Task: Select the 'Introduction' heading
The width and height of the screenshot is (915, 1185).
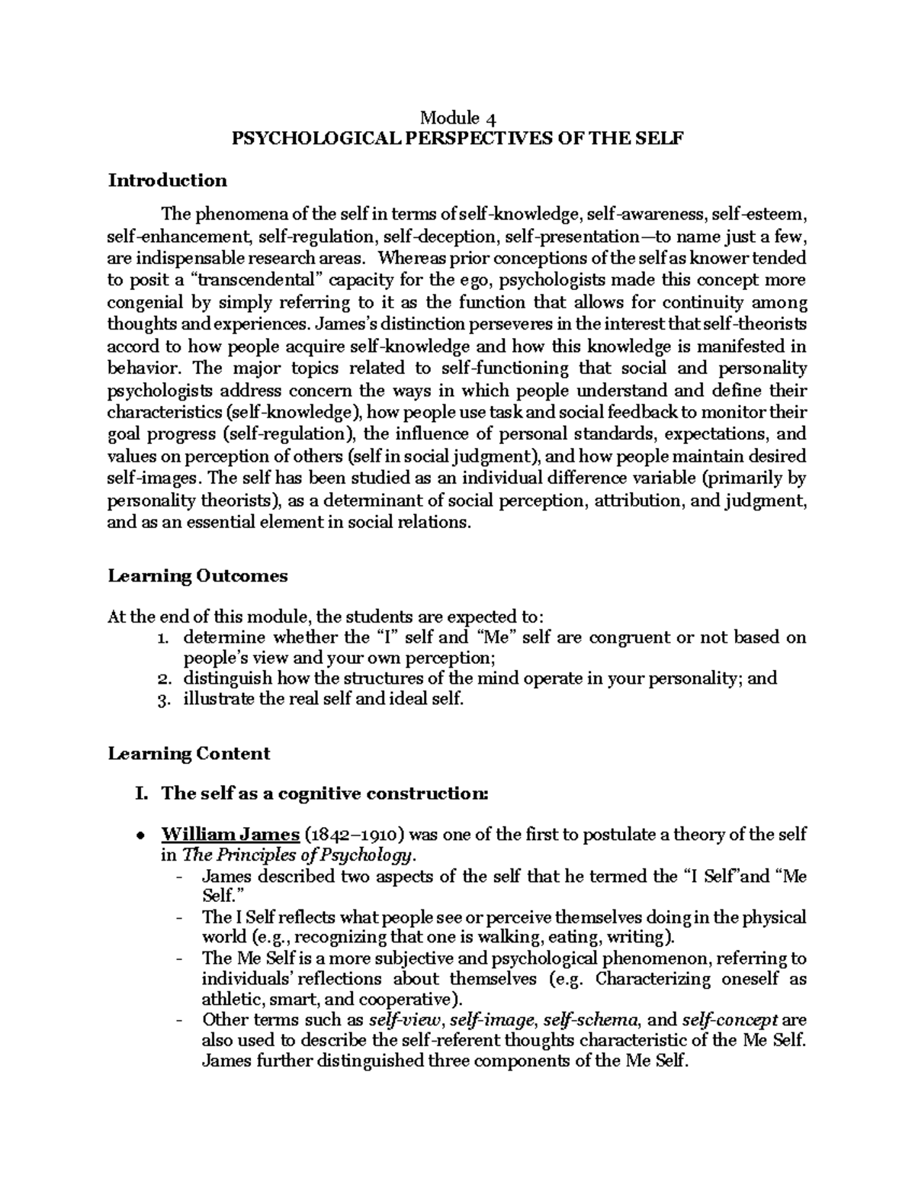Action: [x=168, y=180]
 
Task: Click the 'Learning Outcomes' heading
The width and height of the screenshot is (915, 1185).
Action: [x=197, y=575]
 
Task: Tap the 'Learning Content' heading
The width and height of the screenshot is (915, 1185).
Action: [x=189, y=754]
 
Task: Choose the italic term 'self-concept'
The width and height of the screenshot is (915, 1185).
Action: [x=730, y=1020]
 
